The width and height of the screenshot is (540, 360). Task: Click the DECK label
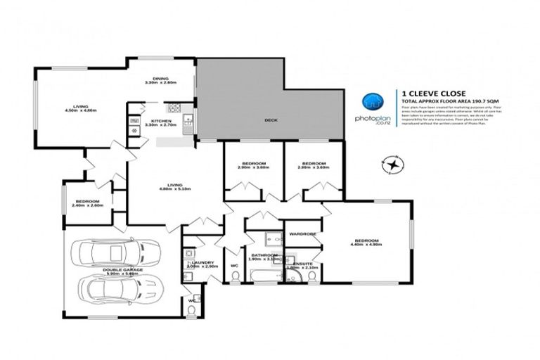pos(271,120)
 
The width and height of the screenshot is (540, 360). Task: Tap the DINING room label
pos(160,78)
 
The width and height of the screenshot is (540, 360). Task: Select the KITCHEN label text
pos(161,120)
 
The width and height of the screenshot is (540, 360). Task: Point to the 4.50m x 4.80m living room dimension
pos(79,110)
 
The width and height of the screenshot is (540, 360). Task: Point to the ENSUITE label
pos(302,263)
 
